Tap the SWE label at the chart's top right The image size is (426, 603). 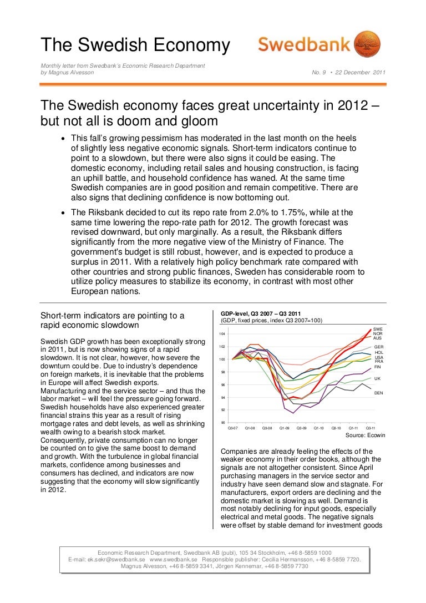click(378, 329)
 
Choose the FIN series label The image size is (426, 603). click(378, 367)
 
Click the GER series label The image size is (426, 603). click(379, 347)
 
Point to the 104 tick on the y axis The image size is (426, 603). click(222, 334)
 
